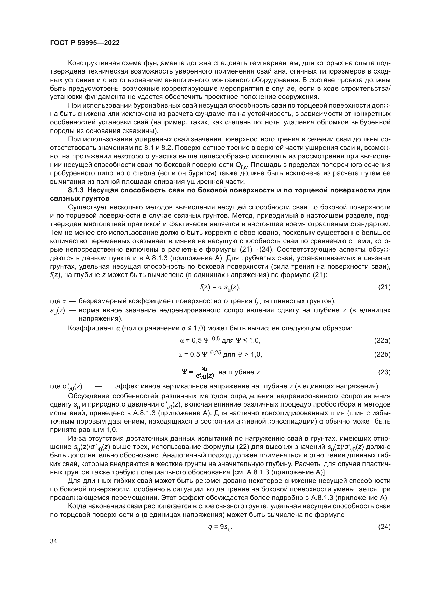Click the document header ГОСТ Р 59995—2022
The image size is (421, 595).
[x=85, y=43]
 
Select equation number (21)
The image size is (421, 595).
[x=384, y=287]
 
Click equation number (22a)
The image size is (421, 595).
[x=382, y=341]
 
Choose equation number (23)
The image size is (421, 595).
[x=384, y=372]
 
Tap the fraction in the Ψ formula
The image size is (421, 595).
[x=205, y=372]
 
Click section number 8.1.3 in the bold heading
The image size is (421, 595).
[x=76, y=191]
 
